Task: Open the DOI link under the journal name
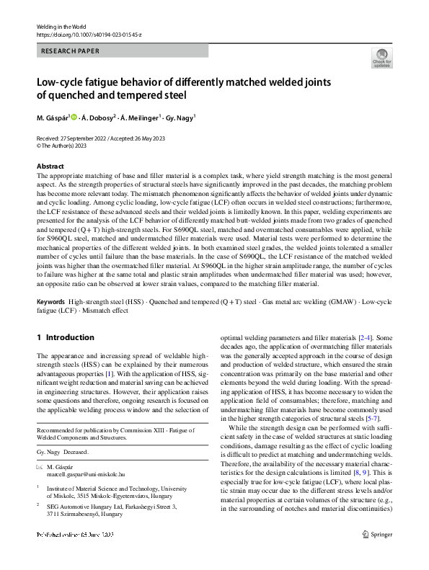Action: click(89, 34)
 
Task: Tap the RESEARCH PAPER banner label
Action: click(70, 51)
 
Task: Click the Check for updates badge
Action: click(381, 58)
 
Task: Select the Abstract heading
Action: click(50, 166)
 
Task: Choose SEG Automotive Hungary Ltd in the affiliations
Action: click(93, 507)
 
